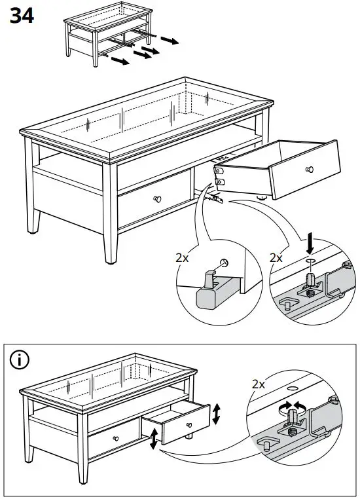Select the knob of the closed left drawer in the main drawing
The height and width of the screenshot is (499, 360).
click(157, 199)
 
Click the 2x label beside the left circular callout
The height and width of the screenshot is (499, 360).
click(183, 257)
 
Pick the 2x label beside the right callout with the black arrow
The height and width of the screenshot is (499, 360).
click(277, 257)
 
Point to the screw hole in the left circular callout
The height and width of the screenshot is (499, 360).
click(225, 263)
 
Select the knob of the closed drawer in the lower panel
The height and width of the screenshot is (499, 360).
click(115, 438)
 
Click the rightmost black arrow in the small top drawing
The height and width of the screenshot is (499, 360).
click(170, 41)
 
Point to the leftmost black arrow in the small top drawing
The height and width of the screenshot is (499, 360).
click(119, 62)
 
